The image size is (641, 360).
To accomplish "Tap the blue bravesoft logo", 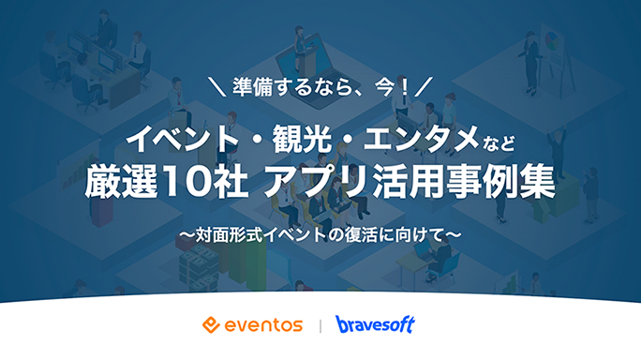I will point(375,325).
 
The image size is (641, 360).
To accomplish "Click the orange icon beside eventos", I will point(211,325).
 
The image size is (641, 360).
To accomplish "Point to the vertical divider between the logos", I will point(320,325).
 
